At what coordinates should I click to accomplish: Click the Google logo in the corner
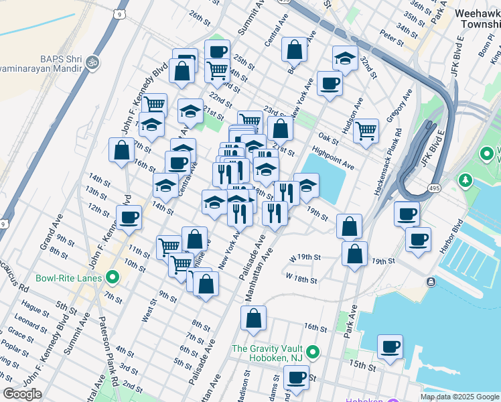point(22,394)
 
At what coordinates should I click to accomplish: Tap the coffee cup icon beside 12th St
point(129,217)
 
